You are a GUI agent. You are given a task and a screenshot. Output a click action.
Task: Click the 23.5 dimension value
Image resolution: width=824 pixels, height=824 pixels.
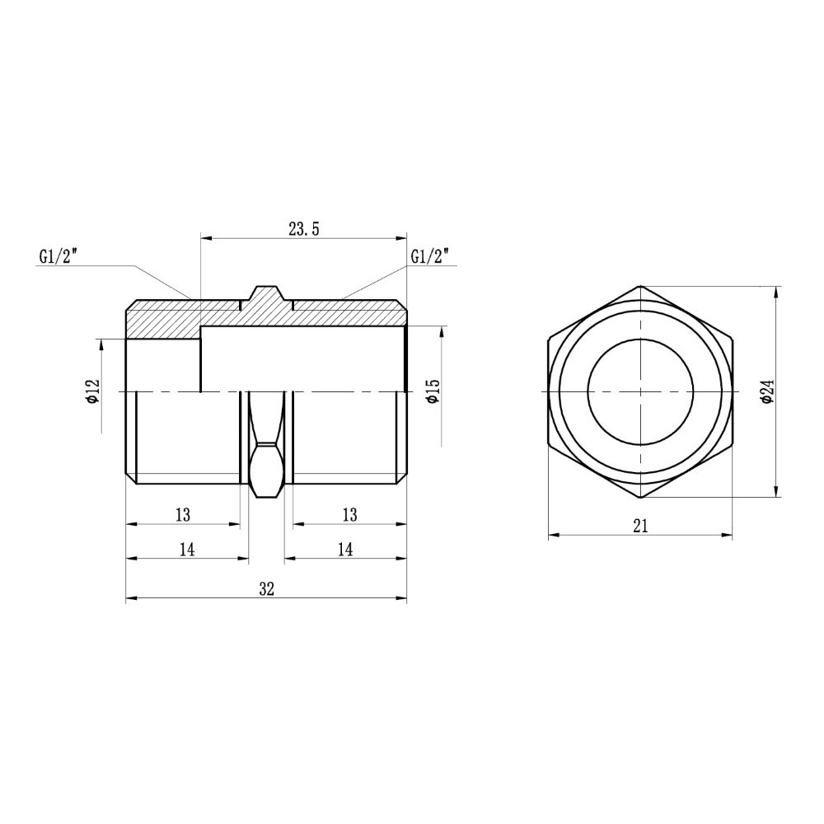click(x=304, y=230)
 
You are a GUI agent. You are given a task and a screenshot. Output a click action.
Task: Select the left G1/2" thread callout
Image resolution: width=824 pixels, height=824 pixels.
click(x=58, y=256)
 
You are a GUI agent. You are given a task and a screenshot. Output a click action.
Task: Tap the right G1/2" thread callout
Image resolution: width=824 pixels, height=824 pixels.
click(x=432, y=256)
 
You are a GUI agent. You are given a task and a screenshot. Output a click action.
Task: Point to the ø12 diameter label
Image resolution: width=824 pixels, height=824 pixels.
click(x=92, y=391)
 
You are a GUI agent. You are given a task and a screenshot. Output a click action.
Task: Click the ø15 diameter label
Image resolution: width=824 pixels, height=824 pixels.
click(x=433, y=391)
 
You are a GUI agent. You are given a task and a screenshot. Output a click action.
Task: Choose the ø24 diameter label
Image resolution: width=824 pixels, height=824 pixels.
click(x=767, y=391)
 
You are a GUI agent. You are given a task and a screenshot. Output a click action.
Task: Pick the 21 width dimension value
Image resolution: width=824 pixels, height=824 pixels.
click(x=641, y=526)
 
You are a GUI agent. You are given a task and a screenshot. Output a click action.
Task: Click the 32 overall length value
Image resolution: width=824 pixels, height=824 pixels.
click(x=266, y=588)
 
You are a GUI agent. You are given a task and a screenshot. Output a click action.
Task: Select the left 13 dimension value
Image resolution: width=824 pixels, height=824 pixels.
click(x=183, y=515)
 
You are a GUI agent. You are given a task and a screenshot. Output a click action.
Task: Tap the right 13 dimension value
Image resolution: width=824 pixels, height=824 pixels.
click(x=349, y=515)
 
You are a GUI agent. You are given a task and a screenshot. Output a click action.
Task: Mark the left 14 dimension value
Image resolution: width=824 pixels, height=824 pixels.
click(x=187, y=550)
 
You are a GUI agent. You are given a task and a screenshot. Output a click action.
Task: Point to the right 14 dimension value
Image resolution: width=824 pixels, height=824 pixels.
click(x=345, y=550)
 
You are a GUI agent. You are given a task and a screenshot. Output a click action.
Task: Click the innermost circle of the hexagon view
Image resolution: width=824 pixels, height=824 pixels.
click(x=640, y=391)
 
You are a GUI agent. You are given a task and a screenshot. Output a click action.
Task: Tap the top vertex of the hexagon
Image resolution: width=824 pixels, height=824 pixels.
click(x=641, y=286)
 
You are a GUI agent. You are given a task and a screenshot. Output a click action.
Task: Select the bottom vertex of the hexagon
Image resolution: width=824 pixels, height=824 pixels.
click(x=641, y=497)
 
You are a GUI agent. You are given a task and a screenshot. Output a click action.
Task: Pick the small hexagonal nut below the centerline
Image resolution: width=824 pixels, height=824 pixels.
click(x=266, y=471)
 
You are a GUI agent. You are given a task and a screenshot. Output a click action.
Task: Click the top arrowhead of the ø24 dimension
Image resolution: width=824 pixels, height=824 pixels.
click(x=776, y=291)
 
